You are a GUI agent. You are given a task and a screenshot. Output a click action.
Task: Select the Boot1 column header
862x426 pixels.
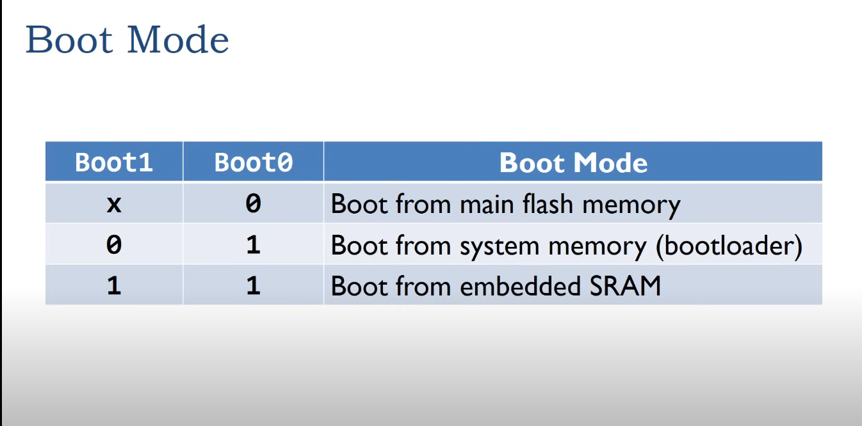pos(114,162)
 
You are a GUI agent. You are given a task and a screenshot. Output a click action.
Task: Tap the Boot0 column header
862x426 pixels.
pos(254,162)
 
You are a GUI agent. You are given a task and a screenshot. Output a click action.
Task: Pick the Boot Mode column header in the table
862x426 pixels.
pos(573,163)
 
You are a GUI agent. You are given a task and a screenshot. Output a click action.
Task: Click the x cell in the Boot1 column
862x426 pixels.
pos(114,204)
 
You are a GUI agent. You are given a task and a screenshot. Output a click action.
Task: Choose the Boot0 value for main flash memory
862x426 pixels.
pos(254,204)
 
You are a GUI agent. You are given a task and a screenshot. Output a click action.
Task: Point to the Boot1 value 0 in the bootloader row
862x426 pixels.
pos(114,245)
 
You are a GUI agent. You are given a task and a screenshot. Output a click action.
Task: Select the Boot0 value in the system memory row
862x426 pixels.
pos(254,245)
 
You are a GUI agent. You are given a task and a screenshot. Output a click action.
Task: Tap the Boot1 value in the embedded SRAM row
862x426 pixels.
pos(114,285)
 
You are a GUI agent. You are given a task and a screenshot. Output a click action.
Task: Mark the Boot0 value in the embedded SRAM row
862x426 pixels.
pos(254,285)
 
